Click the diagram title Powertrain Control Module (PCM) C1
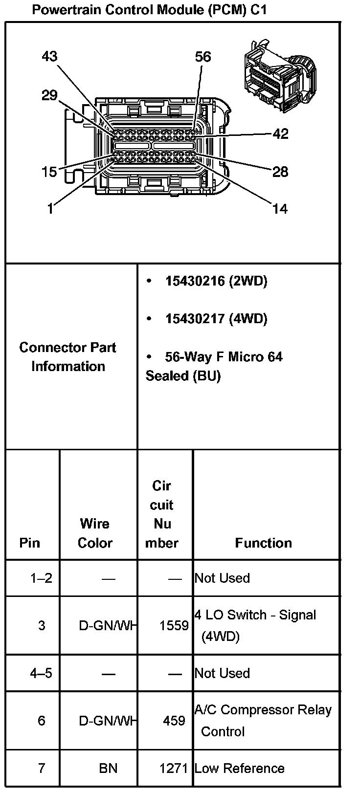pyautogui.click(x=149, y=10)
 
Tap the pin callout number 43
pyautogui.click(x=49, y=57)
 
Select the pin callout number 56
pyautogui.click(x=202, y=57)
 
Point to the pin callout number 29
pyautogui.click(x=49, y=95)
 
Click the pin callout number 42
pyautogui.click(x=280, y=134)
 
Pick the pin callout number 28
pyautogui.click(x=280, y=172)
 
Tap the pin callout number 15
pyautogui.click(x=49, y=172)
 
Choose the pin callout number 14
pyautogui.click(x=280, y=209)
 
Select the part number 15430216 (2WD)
pyautogui.click(x=216, y=281)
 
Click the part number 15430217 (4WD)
pyautogui.click(x=216, y=319)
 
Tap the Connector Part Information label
pyautogui.click(x=68, y=357)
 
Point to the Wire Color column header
pyautogui.click(x=95, y=533)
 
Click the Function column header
pyautogui.click(x=263, y=543)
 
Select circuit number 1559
pyautogui.click(x=174, y=625)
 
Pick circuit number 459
pyautogui.click(x=174, y=721)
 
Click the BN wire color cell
pyautogui.click(x=108, y=769)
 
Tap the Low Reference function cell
pyautogui.click(x=239, y=769)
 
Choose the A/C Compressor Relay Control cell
pyautogui.click(x=263, y=721)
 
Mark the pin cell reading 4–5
pyautogui.click(x=41, y=673)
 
